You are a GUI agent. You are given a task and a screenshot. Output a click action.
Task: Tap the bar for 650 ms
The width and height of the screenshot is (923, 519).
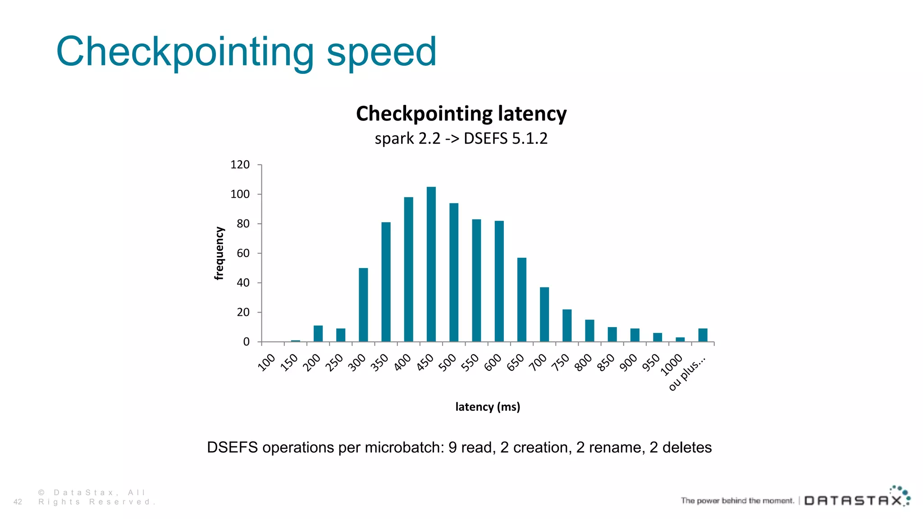(522, 300)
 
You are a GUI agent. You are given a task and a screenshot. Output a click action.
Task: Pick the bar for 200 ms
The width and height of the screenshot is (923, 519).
(318, 333)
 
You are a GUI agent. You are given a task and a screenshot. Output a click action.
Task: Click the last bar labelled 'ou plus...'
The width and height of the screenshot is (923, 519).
(703, 335)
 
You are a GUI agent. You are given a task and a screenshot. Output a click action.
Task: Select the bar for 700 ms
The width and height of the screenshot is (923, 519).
(544, 314)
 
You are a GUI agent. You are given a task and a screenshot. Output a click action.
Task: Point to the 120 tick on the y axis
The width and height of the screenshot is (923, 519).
(240, 165)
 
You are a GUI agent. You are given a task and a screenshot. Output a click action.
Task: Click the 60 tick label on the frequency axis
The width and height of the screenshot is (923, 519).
(243, 253)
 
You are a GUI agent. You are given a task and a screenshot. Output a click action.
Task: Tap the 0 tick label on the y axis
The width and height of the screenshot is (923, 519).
(246, 342)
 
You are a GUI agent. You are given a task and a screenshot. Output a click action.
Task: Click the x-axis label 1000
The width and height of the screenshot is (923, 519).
(672, 365)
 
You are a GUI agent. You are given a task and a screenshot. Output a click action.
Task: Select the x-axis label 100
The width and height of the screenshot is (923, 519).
(266, 362)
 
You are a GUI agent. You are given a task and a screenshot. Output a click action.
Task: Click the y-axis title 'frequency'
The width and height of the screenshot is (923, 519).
(219, 253)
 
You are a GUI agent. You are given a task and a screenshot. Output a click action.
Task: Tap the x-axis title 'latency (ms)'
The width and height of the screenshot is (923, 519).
(488, 407)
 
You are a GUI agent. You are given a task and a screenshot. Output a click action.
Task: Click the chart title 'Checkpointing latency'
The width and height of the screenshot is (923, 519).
(461, 114)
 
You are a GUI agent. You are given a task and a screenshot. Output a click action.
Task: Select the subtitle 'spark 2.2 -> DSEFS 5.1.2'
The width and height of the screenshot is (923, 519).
(461, 138)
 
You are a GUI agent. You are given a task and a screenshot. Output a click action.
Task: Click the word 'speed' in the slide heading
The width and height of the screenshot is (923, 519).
(381, 52)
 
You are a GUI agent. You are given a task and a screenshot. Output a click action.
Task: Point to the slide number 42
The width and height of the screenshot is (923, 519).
(18, 502)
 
